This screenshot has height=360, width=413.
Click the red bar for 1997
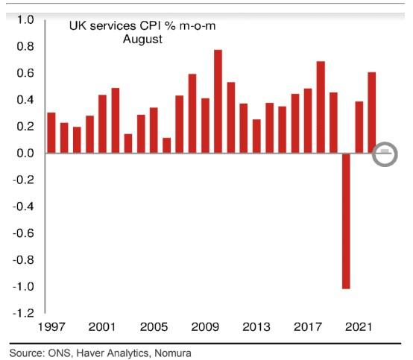tap(51, 133)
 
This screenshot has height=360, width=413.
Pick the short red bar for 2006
tap(166, 145)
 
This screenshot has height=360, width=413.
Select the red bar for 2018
tap(321, 107)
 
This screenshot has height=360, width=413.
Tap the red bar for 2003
tap(127, 143)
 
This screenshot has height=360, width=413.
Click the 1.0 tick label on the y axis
tap(25, 19)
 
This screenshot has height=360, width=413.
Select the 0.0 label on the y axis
tap(25, 153)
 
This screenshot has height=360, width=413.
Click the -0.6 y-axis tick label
tap(22, 233)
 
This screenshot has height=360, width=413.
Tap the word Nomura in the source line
tap(171, 353)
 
